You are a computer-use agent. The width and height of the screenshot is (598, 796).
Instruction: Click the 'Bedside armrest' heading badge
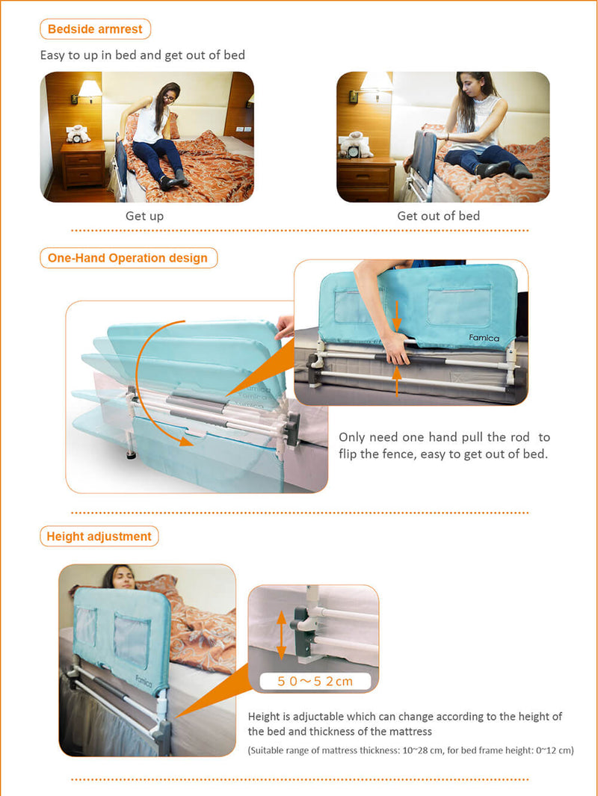point(95,29)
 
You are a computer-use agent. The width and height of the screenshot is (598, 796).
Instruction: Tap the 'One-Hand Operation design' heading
point(128,258)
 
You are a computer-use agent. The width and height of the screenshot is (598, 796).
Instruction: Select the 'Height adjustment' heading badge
point(99,536)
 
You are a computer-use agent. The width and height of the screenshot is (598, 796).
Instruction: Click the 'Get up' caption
point(144,216)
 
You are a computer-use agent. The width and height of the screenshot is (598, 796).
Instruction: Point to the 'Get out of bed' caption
point(438,216)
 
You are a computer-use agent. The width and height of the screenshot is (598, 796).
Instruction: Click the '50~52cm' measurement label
point(314,681)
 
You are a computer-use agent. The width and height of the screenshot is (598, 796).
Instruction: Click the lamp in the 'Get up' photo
point(90,90)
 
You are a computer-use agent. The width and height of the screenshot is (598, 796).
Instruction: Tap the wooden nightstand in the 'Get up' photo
point(82,164)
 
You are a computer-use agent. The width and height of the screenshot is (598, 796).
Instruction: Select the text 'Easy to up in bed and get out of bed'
point(142,55)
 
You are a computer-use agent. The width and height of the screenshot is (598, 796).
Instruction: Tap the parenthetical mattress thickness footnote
point(410,750)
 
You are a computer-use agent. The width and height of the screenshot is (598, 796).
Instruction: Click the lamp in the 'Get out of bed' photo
point(377,84)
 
